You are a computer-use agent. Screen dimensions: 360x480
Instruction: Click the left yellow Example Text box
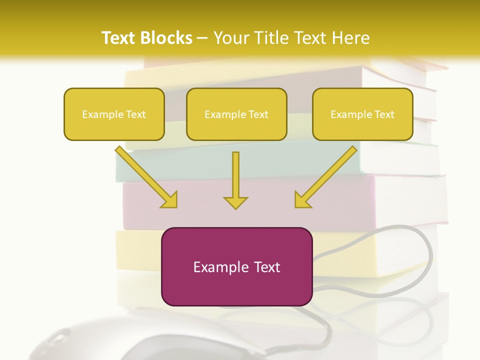coord(114,114)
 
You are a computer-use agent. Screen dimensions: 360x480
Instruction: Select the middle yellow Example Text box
coord(236,114)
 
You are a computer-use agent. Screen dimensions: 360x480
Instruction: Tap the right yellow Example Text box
coord(362,114)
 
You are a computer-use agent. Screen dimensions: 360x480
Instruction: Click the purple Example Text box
coord(236,266)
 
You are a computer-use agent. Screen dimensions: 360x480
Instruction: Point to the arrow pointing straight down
coord(235,180)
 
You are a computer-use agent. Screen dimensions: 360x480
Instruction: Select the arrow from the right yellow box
coord(325,177)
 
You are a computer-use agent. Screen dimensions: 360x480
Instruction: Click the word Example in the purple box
coord(218,267)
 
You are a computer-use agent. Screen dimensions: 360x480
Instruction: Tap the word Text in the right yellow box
coord(383,114)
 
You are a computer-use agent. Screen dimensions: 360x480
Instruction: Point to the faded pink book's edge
coord(250,200)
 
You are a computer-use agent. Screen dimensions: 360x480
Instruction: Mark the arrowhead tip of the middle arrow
coord(235,208)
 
